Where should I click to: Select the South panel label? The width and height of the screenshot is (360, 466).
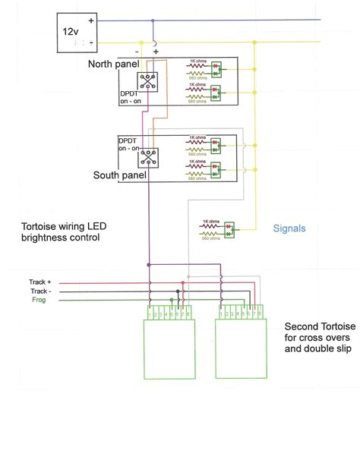(119, 175)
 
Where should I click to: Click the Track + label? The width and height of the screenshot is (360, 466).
(40, 282)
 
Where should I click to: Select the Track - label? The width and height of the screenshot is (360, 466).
(39, 291)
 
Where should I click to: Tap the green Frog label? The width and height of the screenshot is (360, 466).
(39, 300)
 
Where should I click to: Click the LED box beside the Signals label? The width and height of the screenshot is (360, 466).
(229, 226)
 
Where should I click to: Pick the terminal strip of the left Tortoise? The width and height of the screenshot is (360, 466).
(166, 313)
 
